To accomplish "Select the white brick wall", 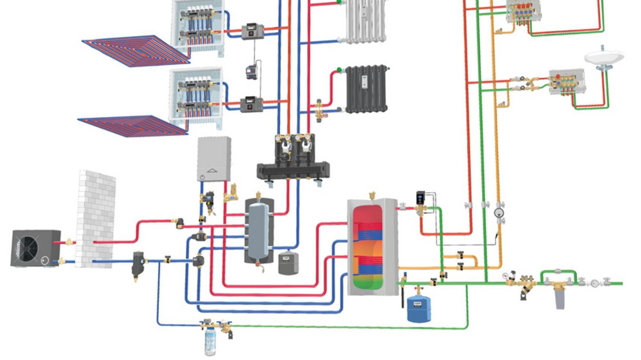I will [96, 218].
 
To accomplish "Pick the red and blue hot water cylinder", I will [372, 247].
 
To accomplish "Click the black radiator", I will [367, 88].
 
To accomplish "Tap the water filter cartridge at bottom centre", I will [210, 340].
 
